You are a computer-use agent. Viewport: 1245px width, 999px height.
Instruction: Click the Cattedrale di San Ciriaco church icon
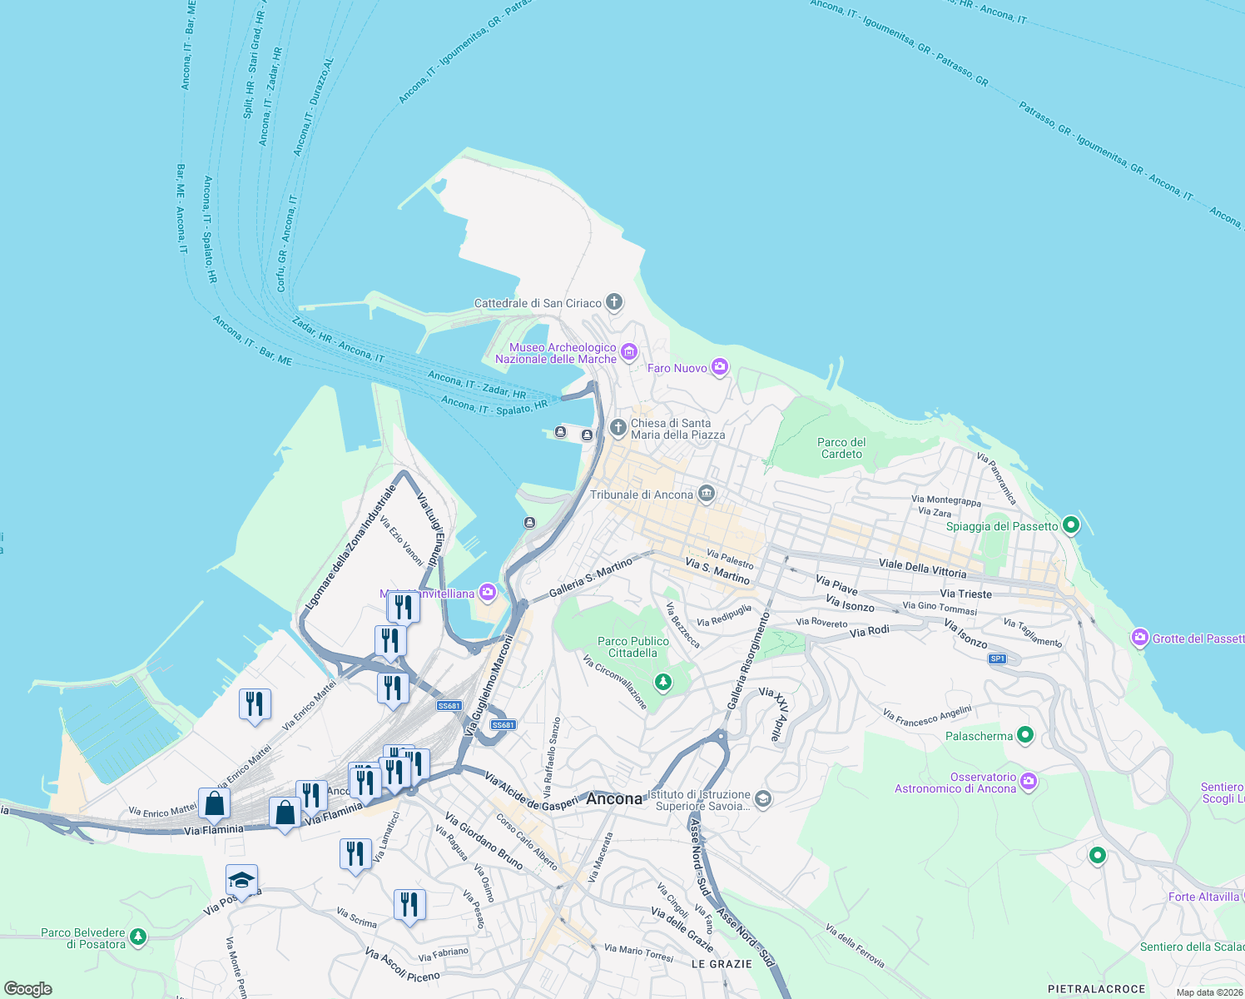coord(614,302)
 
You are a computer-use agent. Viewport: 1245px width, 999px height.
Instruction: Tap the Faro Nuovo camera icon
coord(720,367)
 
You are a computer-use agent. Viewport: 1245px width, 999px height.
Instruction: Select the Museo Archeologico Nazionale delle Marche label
coord(556,354)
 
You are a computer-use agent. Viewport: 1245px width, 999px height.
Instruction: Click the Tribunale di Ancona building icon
coord(707,495)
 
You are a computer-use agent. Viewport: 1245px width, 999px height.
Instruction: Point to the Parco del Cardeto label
coord(841,449)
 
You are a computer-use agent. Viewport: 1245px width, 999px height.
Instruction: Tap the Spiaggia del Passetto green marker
coord(1071,525)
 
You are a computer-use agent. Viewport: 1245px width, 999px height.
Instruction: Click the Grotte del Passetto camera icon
coord(1139,639)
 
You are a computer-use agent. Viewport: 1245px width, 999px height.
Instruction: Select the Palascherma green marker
coord(1025,735)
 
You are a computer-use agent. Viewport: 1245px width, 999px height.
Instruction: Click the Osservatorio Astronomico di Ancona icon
coord(1029,781)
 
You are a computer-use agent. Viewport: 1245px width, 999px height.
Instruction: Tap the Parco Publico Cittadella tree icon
coord(662,683)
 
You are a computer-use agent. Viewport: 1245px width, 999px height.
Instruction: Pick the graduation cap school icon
coord(241,881)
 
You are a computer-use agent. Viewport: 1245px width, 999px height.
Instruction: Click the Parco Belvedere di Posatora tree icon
coord(138,937)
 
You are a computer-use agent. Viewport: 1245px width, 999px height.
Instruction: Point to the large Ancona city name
coord(614,798)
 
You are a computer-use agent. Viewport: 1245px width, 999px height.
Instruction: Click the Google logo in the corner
coord(28,989)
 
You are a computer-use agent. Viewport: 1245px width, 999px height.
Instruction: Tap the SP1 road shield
coord(997,659)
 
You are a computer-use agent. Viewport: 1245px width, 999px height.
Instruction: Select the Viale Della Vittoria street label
coord(922,568)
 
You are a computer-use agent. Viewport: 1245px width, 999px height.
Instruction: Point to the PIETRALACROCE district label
coord(1096,989)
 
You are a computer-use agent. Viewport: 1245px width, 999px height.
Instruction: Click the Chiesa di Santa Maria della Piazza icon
coord(618,428)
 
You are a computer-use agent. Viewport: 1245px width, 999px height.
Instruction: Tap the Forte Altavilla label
coord(1203,897)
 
